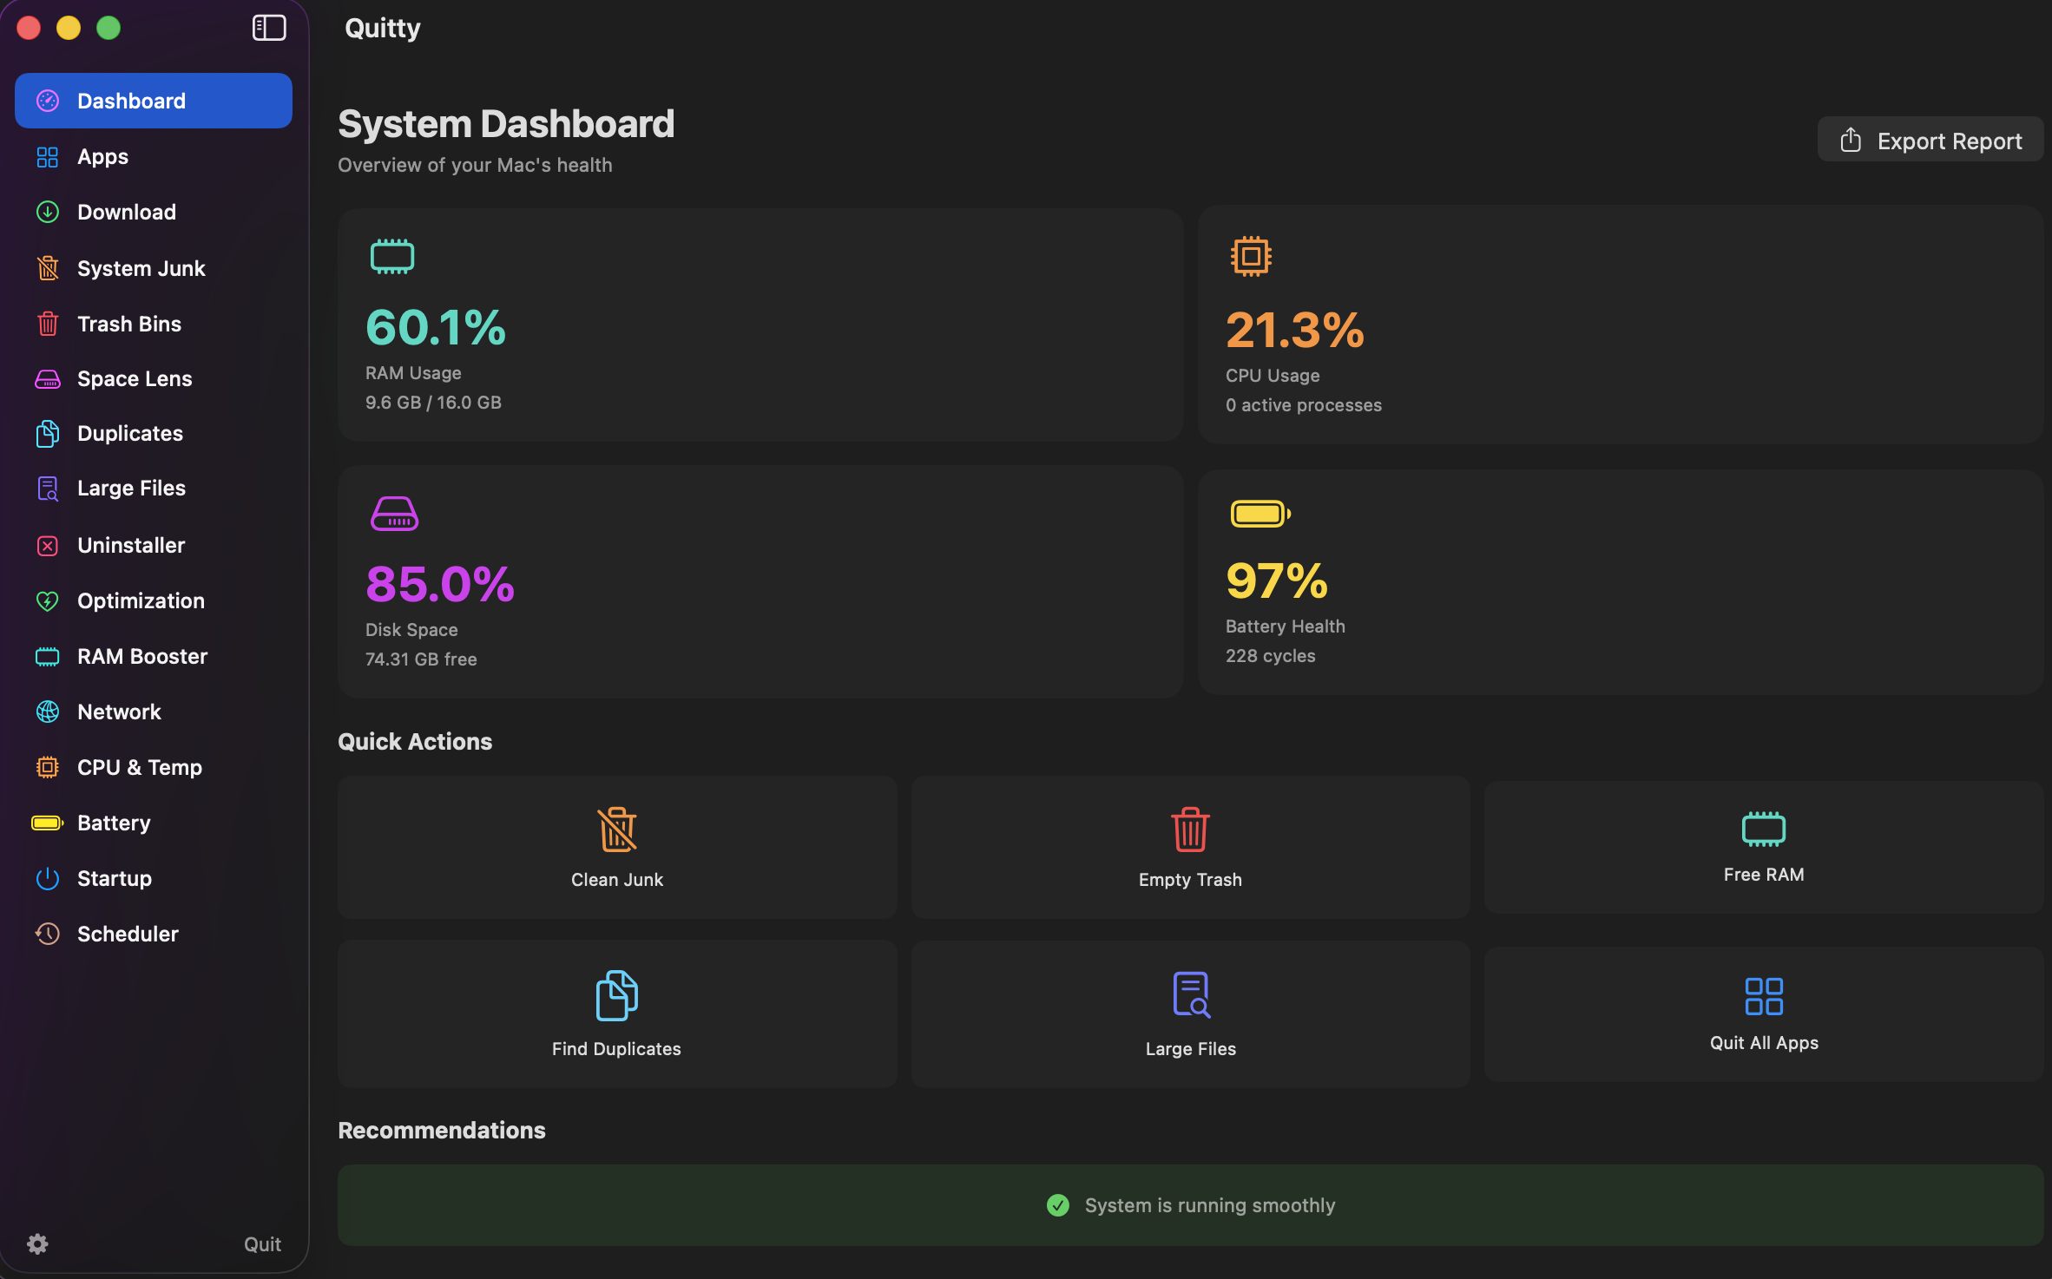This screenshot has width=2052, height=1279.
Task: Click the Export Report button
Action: pos(1930,141)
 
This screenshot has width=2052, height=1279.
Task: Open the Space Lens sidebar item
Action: pos(134,379)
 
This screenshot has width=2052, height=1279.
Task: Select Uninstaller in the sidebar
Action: pos(130,545)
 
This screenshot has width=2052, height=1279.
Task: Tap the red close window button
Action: pos(29,28)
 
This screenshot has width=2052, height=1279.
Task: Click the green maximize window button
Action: pos(109,28)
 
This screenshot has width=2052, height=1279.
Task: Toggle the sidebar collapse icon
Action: pos(269,28)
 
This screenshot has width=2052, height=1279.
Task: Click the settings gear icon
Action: pos(37,1243)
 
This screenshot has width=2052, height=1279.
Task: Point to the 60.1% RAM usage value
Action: pos(436,328)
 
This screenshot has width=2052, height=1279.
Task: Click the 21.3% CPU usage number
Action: pos(1294,331)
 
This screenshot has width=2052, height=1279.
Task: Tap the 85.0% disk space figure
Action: pos(440,584)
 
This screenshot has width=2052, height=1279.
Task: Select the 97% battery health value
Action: pos(1276,581)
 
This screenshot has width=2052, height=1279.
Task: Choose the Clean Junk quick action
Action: pos(617,848)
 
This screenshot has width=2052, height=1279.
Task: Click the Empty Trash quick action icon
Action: pos(1190,830)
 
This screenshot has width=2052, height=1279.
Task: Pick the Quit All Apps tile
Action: pos(1763,1013)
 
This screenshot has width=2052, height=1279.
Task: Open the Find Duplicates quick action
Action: pos(617,1013)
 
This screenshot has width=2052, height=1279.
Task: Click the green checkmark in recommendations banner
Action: pos(1057,1205)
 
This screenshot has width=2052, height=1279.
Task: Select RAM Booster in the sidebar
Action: pos(141,656)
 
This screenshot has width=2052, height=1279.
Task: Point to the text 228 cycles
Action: pos(1270,656)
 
